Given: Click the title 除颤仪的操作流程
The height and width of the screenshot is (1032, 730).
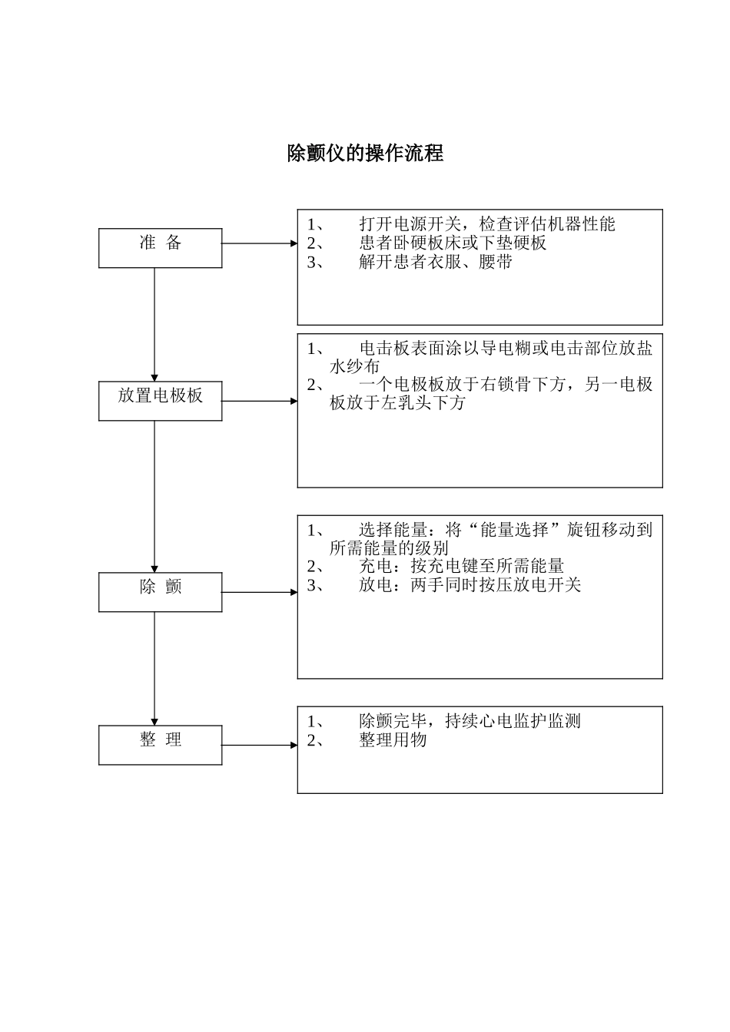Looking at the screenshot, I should coord(365,154).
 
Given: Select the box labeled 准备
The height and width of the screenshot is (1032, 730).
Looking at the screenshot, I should coord(160,247).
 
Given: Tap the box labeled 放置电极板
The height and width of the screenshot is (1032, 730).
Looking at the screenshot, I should coord(160,400).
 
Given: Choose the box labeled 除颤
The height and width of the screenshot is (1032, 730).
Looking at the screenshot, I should coord(160,591).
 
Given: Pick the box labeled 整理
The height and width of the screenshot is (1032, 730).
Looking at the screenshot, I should coord(160,744).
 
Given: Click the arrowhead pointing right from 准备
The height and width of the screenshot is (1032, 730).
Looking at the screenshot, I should coord(294,243).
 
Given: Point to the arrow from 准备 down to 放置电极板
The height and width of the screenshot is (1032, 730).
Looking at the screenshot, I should coord(154,322).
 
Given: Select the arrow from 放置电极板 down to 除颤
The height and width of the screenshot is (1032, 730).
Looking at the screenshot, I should coord(154,495).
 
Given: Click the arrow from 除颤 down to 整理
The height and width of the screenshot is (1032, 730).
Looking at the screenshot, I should coord(154,667).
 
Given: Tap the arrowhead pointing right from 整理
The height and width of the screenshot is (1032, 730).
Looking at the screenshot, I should coord(294,745).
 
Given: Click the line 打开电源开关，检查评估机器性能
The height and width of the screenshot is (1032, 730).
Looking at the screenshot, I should coord(487,224).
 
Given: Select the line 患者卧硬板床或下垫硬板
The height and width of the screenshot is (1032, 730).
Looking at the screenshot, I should coord(453,243).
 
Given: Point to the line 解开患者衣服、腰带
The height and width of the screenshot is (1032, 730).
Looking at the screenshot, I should coord(436,262).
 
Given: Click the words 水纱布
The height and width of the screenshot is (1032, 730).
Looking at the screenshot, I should coord(355,367).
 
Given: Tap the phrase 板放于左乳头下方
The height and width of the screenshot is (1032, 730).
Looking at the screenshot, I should coord(397,403).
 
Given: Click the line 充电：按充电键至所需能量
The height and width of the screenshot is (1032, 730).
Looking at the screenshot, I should coord(461,567).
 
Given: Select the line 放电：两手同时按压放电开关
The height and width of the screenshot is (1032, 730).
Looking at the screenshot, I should coord(470,585).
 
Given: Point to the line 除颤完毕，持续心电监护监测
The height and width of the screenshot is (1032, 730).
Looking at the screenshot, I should coord(470,721).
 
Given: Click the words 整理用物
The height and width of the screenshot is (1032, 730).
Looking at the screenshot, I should coord(393,740).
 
